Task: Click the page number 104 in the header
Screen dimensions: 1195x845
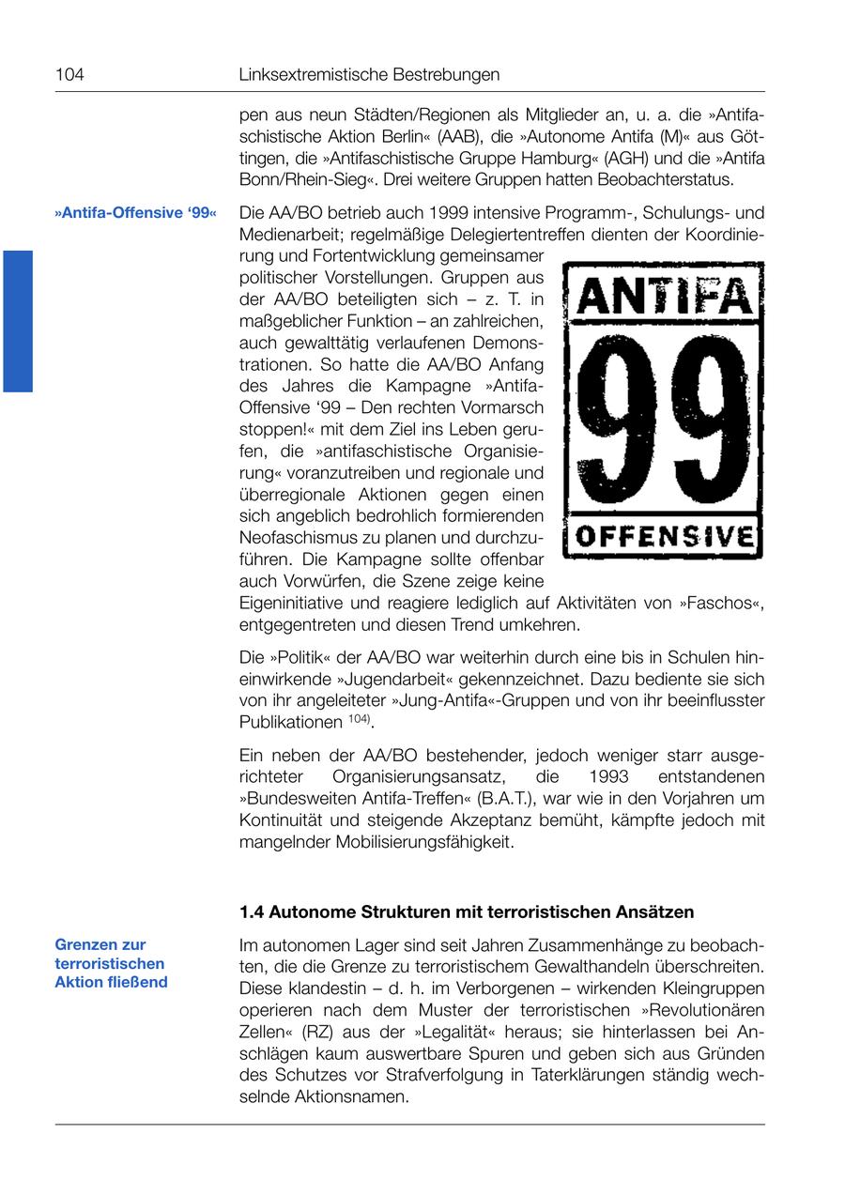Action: [69, 74]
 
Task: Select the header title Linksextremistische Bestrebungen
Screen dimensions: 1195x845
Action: [369, 74]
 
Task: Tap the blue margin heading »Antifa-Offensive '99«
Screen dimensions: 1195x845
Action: [135, 213]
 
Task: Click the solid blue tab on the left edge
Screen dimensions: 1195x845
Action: [18, 320]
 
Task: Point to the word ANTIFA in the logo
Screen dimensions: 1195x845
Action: [664, 297]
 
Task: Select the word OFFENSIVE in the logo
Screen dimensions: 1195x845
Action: [664, 537]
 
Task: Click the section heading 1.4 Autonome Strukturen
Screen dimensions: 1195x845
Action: [467, 912]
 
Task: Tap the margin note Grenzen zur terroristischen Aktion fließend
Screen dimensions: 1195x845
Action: [111, 963]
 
